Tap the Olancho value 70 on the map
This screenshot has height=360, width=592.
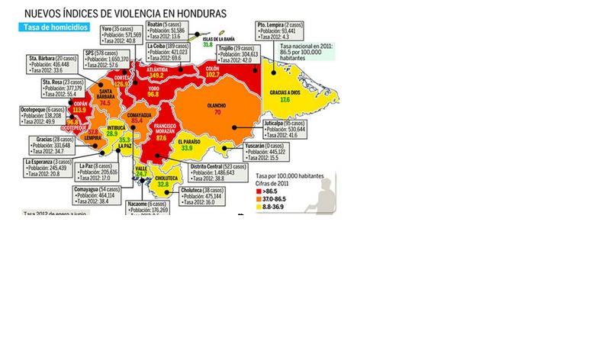coord(217,112)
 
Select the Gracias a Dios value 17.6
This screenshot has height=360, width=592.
coord(285,100)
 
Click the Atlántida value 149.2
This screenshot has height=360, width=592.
coord(156,76)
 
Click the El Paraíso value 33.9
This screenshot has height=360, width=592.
coord(187,148)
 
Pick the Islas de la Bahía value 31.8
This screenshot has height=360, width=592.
coord(208,45)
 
